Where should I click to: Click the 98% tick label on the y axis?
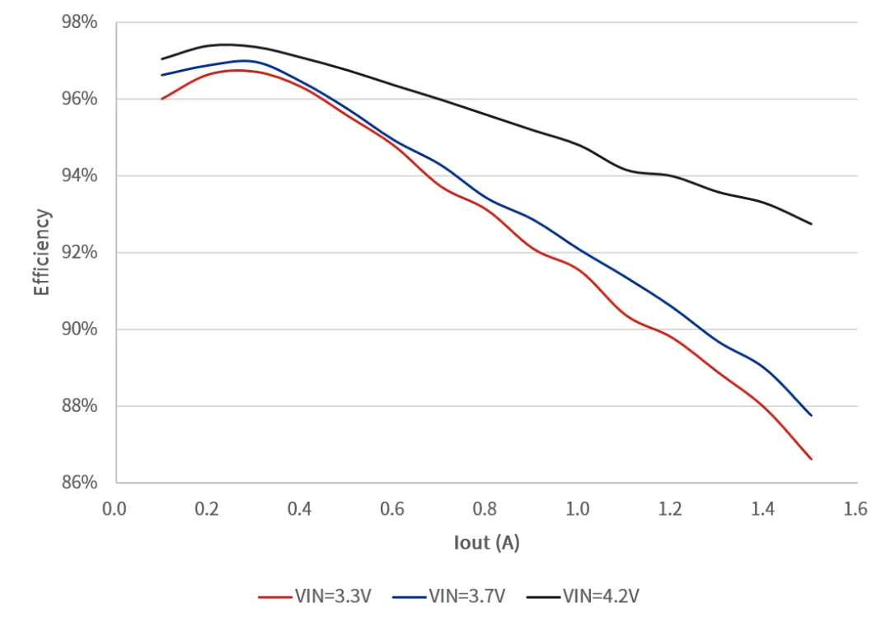[79, 22]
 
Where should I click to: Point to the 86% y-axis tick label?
[79, 483]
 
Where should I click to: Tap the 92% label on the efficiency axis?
[79, 252]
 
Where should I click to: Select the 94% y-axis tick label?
[79, 175]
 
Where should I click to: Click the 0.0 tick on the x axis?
[115, 508]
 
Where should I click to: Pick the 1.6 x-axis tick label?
[855, 508]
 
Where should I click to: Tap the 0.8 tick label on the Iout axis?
[485, 508]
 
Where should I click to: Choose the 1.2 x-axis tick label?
[670, 508]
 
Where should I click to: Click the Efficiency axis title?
[42, 253]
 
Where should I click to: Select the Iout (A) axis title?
[487, 543]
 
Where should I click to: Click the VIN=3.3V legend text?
[333, 596]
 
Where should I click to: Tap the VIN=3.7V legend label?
[467, 596]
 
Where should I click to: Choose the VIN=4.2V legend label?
[601, 596]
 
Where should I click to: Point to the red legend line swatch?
[275, 597]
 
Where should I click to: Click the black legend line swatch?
[543, 597]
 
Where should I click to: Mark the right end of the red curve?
[811, 459]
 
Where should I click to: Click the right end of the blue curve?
[811, 415]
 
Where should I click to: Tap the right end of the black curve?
[811, 223]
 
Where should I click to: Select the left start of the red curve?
[162, 99]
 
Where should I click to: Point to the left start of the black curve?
[162, 58]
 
